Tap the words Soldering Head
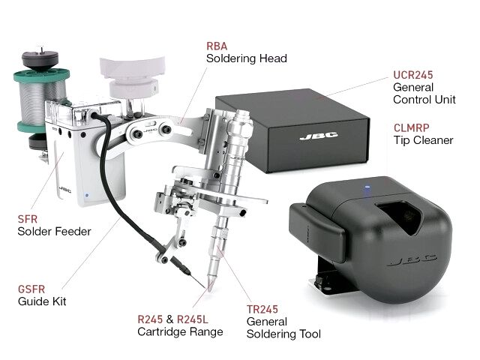[246, 58]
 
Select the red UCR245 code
[413, 75]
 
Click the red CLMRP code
[412, 127]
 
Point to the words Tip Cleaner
[423, 140]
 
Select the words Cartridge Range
[180, 331]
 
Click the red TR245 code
[262, 308]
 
